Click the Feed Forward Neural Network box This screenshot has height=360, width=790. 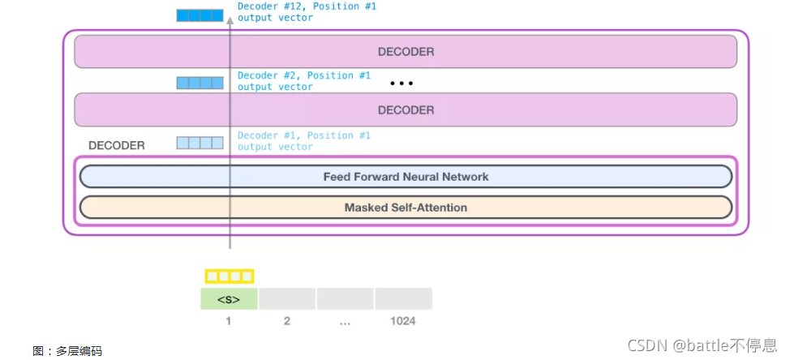tap(406, 177)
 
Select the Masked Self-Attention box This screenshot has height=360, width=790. tap(406, 208)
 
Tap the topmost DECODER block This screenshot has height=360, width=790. tap(406, 52)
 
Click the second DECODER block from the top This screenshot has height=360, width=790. tap(406, 109)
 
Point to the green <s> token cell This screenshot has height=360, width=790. tap(229, 299)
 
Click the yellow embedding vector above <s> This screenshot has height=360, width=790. tap(229, 276)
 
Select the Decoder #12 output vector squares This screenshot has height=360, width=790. tap(200, 15)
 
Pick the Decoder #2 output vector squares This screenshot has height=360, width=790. tap(200, 82)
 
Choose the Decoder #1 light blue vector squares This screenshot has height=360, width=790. tap(200, 143)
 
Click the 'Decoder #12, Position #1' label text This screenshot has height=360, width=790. tap(307, 11)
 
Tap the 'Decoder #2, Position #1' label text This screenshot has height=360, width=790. tap(303, 80)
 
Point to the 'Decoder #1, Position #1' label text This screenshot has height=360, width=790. tap(303, 141)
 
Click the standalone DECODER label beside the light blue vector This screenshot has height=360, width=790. tap(117, 146)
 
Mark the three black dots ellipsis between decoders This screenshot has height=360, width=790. tap(402, 83)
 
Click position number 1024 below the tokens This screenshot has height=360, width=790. tap(402, 321)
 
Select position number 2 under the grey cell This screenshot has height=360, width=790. tap(287, 321)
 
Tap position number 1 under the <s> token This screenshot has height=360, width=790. tap(229, 321)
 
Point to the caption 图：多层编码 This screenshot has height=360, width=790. tap(67, 351)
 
